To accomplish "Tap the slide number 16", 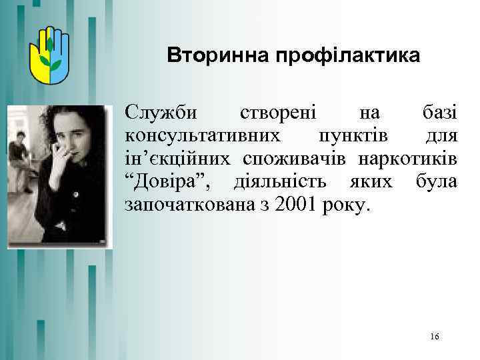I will (x=435, y=337).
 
